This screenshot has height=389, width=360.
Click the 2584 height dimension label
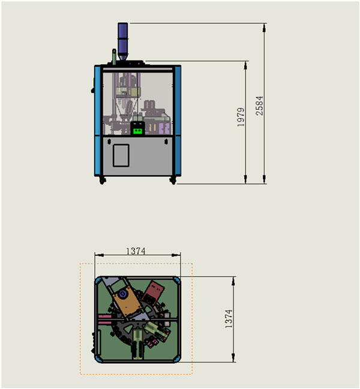click(259, 105)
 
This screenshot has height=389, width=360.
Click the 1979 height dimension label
click(241, 117)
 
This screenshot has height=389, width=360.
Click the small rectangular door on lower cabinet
click(121, 155)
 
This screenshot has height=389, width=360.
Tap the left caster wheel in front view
click(102, 180)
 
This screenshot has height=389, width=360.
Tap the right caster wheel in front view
click(173, 180)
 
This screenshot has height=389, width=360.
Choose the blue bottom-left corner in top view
click(97, 358)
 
